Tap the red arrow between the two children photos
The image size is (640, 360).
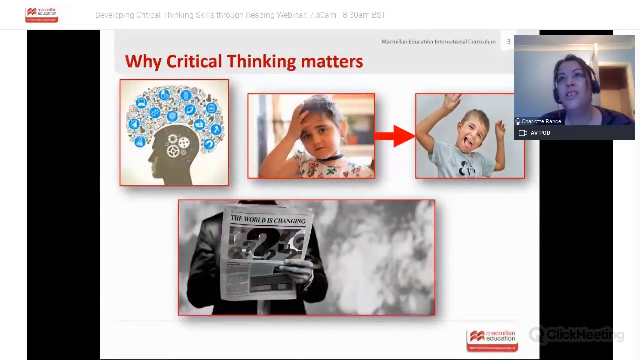[395, 136]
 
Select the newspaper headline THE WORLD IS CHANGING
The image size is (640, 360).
[268, 220]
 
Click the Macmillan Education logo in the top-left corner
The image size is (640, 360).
[42, 15]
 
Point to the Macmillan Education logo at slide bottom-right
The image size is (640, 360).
[492, 340]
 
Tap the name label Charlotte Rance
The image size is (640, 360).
[541, 121]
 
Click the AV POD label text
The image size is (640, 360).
[540, 133]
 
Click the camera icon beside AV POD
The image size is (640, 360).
[523, 133]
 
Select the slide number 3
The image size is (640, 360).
[509, 42]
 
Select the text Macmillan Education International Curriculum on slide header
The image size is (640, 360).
[438, 42]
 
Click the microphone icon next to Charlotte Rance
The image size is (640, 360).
[518, 121]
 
